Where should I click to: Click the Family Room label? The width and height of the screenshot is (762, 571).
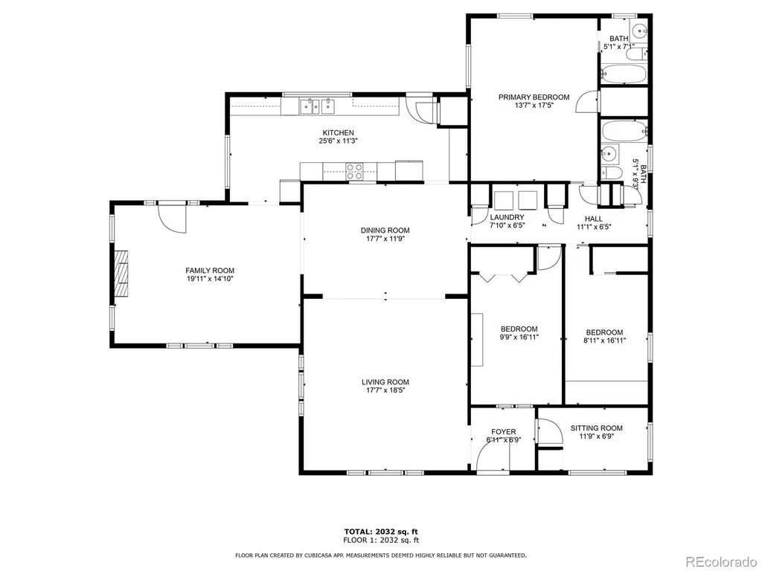(x=210, y=271)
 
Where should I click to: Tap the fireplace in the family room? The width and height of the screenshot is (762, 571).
(x=121, y=273)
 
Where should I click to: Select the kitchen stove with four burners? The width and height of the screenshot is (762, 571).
(x=354, y=172)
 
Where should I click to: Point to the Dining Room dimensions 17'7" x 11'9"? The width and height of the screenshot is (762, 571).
(x=385, y=239)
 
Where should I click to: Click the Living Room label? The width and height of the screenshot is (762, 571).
(x=385, y=382)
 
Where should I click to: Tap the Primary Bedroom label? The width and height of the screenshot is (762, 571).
(x=534, y=97)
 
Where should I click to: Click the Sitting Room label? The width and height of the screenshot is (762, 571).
(x=596, y=428)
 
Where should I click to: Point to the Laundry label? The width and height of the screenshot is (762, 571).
(x=507, y=218)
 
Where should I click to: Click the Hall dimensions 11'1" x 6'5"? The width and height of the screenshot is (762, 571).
(x=593, y=227)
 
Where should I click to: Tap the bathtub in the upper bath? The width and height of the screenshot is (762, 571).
(x=624, y=74)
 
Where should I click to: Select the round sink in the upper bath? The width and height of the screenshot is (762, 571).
(x=640, y=30)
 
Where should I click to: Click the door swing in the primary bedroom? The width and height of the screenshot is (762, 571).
(x=586, y=102)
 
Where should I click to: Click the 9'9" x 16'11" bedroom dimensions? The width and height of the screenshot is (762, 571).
(x=519, y=338)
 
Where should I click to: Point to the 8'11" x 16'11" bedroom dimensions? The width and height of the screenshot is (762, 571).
(x=604, y=341)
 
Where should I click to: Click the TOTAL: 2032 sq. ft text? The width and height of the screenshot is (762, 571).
(x=381, y=532)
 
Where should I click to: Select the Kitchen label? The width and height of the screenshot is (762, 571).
(x=339, y=133)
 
